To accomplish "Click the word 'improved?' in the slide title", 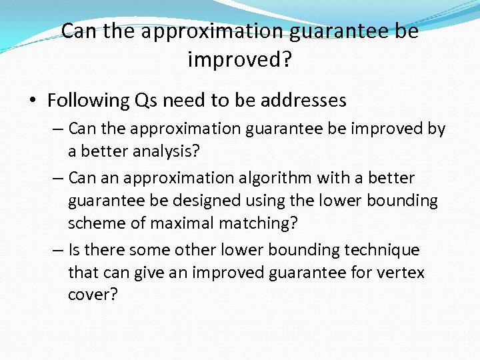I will click(240, 59).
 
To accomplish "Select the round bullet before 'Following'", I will click(33, 101).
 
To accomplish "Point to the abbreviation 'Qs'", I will click(146, 101).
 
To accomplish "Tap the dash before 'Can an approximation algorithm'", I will click(59, 178).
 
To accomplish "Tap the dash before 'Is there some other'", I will click(59, 250).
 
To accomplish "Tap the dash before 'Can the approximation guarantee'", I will click(59, 128).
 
